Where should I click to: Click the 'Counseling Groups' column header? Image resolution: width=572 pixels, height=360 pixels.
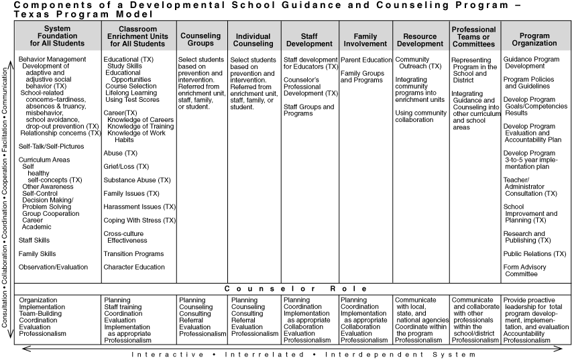[x=201, y=40]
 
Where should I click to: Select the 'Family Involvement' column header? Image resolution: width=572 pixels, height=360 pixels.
[x=365, y=40]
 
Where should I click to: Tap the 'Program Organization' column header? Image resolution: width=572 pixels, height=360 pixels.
[x=534, y=40]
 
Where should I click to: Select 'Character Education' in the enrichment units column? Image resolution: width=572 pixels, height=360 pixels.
[x=134, y=267]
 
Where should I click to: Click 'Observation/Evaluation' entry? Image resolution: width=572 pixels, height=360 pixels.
[x=53, y=267]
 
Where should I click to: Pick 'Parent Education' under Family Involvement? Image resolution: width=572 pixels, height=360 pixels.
[x=365, y=60]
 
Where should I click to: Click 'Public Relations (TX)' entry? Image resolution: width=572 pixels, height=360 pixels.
[x=534, y=253]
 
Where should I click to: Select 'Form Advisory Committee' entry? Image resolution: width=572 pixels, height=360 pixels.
[x=524, y=270]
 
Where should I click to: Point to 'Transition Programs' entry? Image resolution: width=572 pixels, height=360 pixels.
[x=133, y=253]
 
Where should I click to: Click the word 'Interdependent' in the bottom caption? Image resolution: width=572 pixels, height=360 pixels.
[x=395, y=354]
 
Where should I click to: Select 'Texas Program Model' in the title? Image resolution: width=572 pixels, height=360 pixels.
[x=80, y=13]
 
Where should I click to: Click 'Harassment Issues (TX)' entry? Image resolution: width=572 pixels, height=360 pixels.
[x=139, y=206]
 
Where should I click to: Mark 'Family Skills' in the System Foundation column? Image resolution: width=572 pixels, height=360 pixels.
[x=38, y=253]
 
